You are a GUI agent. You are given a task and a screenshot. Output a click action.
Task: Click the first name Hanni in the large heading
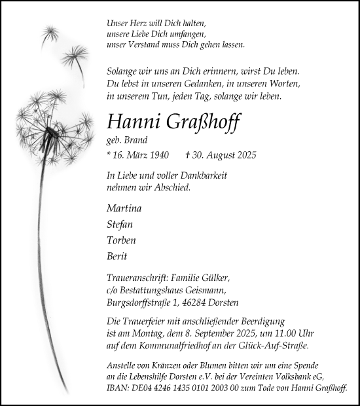(x=129, y=122)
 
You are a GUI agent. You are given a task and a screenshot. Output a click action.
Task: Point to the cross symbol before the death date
(x=188, y=155)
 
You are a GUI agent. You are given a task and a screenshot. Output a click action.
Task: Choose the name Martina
(x=124, y=208)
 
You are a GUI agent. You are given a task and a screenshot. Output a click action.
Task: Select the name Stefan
(x=120, y=224)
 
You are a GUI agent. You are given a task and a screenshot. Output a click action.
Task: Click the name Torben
(x=121, y=240)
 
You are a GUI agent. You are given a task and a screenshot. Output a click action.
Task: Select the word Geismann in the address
(x=206, y=290)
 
